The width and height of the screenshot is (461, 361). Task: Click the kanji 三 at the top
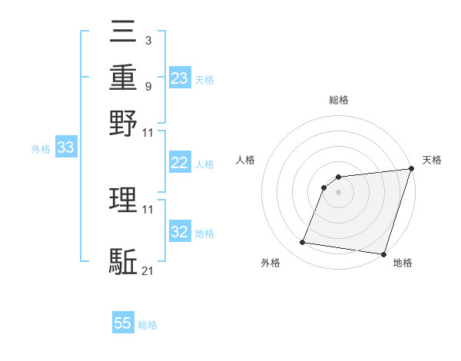tap(124, 35)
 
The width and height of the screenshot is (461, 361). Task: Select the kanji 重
tap(124, 78)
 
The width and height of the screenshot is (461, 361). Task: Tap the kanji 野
tap(124, 123)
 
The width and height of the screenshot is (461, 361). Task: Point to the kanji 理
tap(124, 200)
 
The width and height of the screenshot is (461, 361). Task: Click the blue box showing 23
tap(180, 79)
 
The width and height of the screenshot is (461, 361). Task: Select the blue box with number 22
tap(180, 164)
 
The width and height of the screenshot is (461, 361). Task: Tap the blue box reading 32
tap(180, 233)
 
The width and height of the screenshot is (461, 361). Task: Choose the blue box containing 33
tap(65, 148)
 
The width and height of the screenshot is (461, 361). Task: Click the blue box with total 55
tap(123, 324)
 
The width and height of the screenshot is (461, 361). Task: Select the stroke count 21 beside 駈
tap(148, 271)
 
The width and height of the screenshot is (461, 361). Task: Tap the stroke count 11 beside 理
tap(148, 209)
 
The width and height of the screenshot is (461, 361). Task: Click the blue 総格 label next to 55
tap(148, 325)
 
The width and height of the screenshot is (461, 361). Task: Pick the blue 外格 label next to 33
tap(41, 149)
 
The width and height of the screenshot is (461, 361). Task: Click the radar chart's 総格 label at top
tap(339, 101)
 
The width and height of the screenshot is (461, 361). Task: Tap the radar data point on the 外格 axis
tap(303, 243)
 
